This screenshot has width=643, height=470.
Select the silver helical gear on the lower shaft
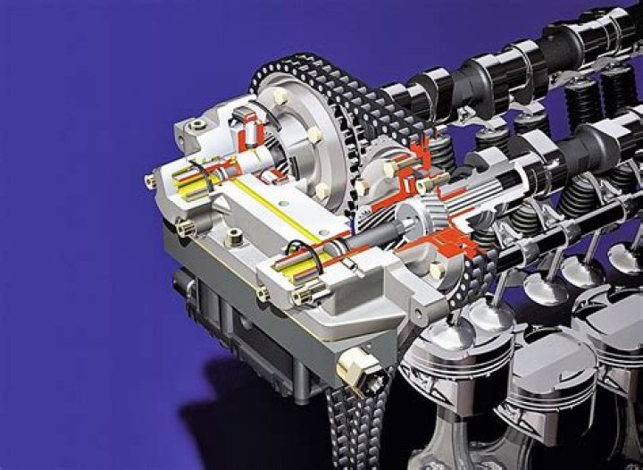tap(413, 221)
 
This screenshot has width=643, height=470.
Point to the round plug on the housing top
tap(234, 238)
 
